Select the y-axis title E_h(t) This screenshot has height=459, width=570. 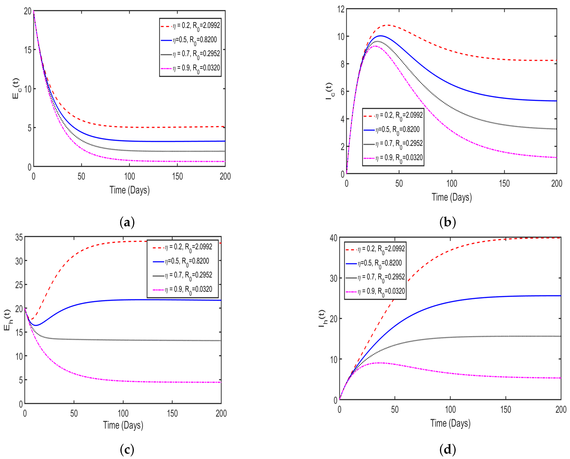click(7, 320)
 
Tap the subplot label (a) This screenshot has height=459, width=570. click(127, 222)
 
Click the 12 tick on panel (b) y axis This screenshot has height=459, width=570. click(341, 9)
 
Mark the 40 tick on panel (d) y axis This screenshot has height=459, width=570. click(333, 238)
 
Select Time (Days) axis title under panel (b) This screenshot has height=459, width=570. click(452, 197)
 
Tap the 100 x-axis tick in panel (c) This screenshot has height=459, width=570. click(123, 413)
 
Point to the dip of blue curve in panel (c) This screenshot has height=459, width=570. click(36, 325)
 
